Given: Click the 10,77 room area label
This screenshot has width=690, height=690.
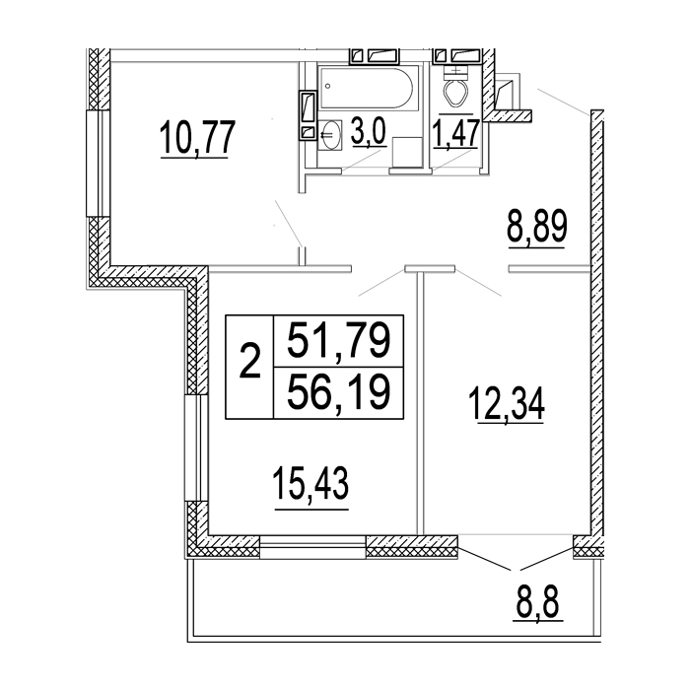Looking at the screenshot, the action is point(197,137).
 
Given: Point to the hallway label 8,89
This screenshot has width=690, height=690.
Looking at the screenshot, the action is point(537,229).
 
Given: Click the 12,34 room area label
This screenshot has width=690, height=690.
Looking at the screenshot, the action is point(507,405).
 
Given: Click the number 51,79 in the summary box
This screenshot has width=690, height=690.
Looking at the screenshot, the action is point(339,340).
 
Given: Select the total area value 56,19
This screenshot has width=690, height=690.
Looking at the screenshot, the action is point(339,391).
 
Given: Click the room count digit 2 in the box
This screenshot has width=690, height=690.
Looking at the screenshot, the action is point(249,363).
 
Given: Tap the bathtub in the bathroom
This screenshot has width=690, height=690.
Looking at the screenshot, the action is point(366,88).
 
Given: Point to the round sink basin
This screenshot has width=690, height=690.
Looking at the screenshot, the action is point(330,134).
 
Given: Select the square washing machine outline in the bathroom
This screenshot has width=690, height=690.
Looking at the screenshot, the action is point(407,152).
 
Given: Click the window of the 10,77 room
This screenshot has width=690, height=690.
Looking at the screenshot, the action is point(98,163).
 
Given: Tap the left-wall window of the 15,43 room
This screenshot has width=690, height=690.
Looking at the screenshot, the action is point(195,448).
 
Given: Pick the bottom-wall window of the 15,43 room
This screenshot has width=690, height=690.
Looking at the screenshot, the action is point(312,547).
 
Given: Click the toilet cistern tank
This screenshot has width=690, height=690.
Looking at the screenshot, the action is point(454,71).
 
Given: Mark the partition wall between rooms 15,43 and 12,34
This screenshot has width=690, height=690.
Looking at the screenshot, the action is point(420,403).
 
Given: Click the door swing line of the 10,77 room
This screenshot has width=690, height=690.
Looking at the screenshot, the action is point(289,223).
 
